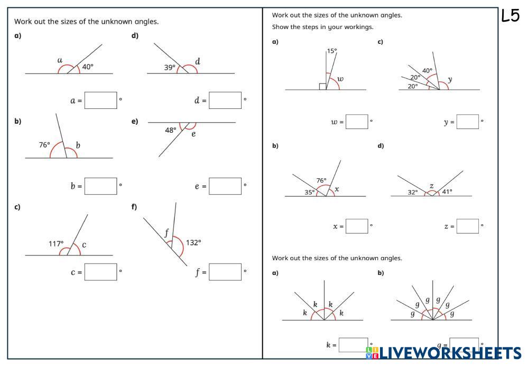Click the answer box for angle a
coord(100,100)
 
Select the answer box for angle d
coord(225,100)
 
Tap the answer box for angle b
coord(100,186)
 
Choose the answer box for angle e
coord(225,186)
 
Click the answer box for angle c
coord(100,272)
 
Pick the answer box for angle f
coord(225,272)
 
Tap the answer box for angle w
coord(357,122)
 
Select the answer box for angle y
coord(468,122)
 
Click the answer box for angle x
coord(357,226)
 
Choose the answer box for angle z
coord(468,226)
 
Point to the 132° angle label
coord(193,243)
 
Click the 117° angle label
coord(56,244)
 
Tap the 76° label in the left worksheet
coord(44,144)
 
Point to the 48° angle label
coord(170,130)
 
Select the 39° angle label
coord(170,67)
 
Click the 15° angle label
coord(332,51)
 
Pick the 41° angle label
coord(447,192)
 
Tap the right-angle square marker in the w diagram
coord(322,86)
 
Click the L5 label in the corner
coord(511,16)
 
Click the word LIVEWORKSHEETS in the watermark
coord(451,353)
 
